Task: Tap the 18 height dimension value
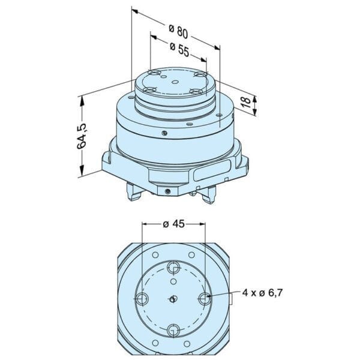(x=246, y=103)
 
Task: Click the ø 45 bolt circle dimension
(x=173, y=224)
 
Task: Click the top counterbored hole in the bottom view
(x=174, y=267)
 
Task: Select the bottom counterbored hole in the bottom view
(x=174, y=329)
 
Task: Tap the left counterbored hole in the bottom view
(x=142, y=298)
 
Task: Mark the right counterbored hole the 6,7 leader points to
(x=205, y=298)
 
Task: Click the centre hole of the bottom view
(x=174, y=298)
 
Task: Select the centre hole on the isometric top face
(x=175, y=83)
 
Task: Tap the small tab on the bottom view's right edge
(x=231, y=299)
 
